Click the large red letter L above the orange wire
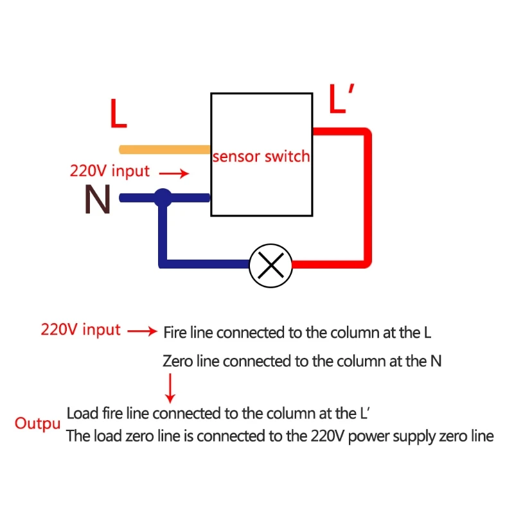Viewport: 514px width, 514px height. (x=118, y=113)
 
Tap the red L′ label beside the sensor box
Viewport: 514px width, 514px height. (x=341, y=98)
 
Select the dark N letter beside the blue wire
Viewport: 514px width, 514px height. (x=98, y=199)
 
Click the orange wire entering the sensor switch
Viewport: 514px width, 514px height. (x=164, y=150)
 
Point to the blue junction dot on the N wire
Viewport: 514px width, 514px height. (x=163, y=198)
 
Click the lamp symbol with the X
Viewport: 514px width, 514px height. (x=270, y=265)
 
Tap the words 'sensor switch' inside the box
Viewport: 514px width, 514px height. (x=261, y=156)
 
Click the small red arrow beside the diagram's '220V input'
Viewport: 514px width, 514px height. (x=174, y=173)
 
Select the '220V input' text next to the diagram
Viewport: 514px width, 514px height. (x=110, y=172)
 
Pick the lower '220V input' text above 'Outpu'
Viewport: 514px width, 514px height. (x=81, y=330)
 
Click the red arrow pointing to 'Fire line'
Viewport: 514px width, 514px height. (x=142, y=331)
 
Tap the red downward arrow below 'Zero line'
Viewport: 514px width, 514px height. (x=170, y=389)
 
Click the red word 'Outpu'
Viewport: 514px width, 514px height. (x=37, y=424)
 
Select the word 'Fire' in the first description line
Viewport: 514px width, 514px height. (x=175, y=332)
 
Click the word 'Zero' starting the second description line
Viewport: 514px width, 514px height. (x=177, y=361)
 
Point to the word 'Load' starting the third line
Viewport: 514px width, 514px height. (x=82, y=413)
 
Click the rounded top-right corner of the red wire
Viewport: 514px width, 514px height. (x=366, y=133)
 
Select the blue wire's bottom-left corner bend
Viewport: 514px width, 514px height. (x=163, y=264)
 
